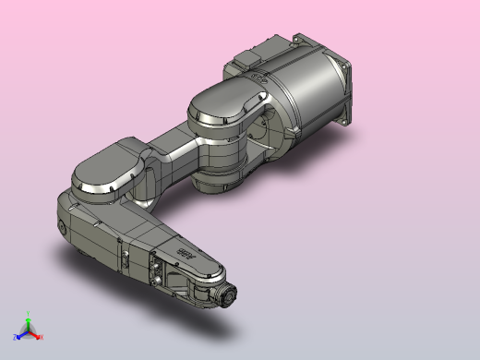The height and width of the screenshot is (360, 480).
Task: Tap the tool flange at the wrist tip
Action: tap(226, 296)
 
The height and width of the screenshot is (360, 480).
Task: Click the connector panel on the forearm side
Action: tap(159, 272)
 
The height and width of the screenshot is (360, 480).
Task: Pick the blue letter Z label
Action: tap(15, 337)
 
